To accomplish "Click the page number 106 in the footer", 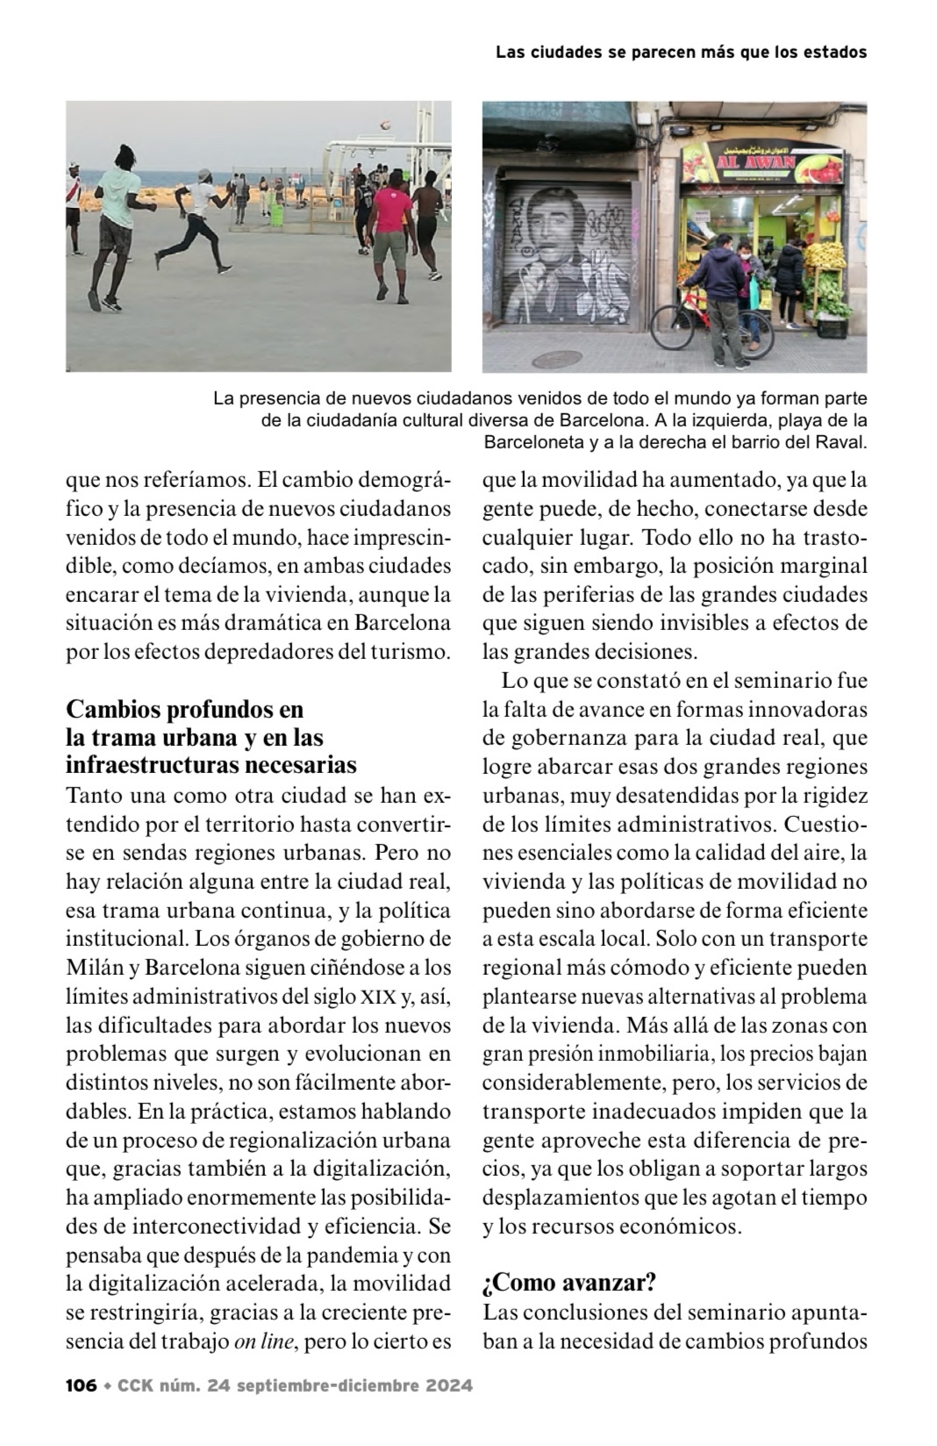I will click(81, 1385).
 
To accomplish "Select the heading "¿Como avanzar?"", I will click(569, 1284).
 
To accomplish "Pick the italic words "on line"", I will click(262, 1342).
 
